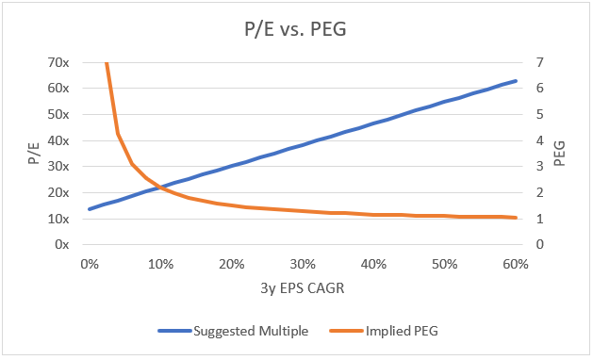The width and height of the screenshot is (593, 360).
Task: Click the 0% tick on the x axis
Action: click(x=89, y=264)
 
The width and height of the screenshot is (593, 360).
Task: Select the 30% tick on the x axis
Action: click(x=302, y=264)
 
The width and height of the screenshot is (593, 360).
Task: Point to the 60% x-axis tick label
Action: click(x=516, y=264)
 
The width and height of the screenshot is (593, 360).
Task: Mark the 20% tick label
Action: click(x=231, y=264)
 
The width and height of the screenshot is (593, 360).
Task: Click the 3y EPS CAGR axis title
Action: click(x=302, y=289)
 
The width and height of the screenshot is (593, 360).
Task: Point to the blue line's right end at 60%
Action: click(x=516, y=81)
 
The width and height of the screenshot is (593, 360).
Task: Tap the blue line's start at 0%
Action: click(x=89, y=209)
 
